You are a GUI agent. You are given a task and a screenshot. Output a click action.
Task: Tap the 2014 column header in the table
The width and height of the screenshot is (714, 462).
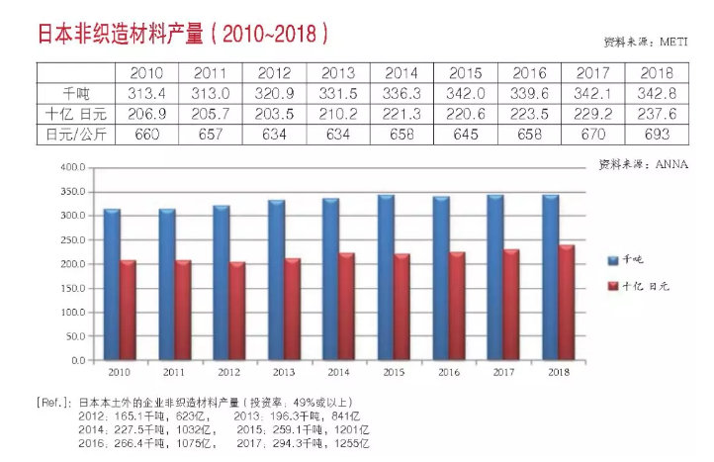[401, 73]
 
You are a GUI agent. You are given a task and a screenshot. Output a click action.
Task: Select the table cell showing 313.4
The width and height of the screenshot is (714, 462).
[145, 93]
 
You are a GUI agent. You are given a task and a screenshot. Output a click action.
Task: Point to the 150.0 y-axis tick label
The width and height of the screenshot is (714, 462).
[75, 289]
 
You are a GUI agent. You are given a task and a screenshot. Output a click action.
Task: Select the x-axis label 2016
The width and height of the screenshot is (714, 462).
[449, 373]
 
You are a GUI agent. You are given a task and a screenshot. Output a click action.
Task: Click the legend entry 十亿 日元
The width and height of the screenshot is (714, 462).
[644, 286]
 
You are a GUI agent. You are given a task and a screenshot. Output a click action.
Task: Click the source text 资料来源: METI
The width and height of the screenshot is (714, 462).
[645, 43]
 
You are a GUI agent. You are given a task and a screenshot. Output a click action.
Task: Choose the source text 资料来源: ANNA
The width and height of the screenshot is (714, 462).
[643, 161]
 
